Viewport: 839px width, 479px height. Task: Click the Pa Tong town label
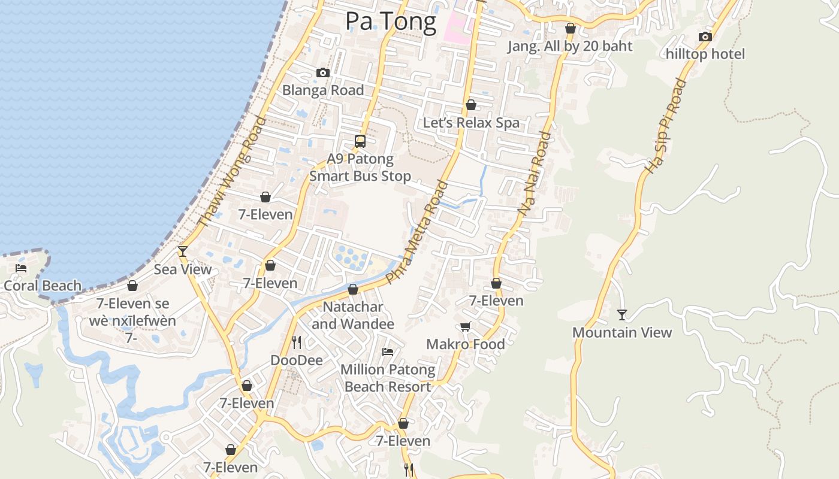click(391, 22)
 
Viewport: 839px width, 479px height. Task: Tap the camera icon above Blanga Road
click(323, 73)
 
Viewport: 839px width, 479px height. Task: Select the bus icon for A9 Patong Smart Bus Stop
click(360, 141)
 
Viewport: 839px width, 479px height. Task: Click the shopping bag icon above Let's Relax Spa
click(471, 105)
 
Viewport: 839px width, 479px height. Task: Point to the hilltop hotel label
click(705, 54)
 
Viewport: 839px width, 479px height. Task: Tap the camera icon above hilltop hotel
click(705, 37)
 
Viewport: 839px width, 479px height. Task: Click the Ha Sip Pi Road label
click(665, 126)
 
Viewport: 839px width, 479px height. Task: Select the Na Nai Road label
click(535, 174)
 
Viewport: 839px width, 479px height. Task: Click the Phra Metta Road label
click(417, 232)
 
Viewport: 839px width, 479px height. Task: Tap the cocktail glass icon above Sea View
click(183, 251)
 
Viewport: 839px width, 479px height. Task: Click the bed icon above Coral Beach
click(21, 268)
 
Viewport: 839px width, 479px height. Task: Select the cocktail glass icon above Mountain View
click(622, 314)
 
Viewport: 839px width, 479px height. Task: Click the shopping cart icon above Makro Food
click(465, 326)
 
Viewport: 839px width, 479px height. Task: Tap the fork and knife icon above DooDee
click(297, 342)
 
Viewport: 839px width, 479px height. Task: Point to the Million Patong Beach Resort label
click(388, 378)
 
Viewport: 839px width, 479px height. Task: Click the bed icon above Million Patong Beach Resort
click(388, 351)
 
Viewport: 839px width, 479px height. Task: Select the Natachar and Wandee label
click(352, 316)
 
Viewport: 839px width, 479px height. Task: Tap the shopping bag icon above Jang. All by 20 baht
click(571, 29)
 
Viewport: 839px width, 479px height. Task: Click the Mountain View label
click(622, 332)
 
